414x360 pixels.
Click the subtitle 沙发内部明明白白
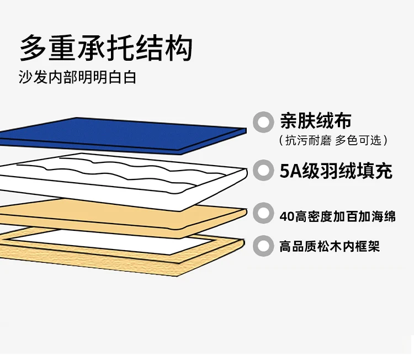pos(77,77)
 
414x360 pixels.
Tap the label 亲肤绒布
pos(315,121)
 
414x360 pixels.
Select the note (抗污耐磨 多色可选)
pos(333,140)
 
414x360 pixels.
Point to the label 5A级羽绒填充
pos(336,171)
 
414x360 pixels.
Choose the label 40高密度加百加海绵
pos(337,216)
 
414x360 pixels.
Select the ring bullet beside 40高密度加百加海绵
pos(264,215)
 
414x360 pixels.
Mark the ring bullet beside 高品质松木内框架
pos(264,246)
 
